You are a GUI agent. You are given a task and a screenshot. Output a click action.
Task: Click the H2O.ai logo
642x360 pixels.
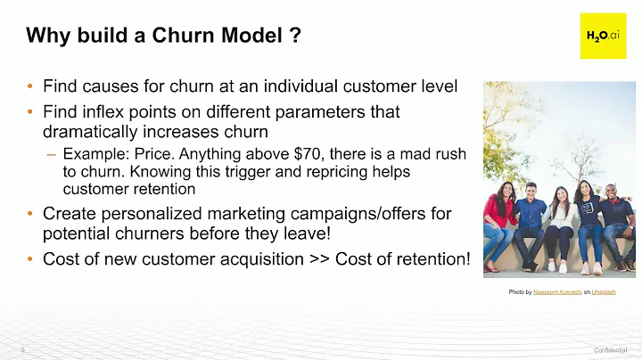603,36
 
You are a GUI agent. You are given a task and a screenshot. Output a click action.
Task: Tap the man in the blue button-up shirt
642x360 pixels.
531,218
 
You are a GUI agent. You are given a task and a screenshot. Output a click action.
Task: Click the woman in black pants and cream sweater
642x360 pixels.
561,223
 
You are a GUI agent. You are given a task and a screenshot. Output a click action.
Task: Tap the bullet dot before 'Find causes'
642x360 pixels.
30,87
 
